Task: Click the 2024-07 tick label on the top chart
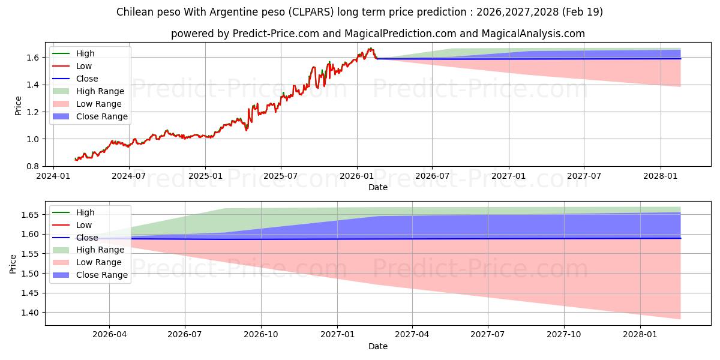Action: [128, 176]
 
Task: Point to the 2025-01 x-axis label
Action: [205, 176]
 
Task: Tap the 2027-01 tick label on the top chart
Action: [509, 176]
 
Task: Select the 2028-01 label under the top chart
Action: [660, 176]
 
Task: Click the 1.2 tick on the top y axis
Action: [34, 112]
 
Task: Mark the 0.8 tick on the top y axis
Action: [34, 167]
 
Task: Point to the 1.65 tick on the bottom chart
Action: [30, 215]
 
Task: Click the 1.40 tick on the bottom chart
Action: [30, 313]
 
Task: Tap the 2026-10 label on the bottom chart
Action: [260, 335]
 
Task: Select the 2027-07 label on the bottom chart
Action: [488, 335]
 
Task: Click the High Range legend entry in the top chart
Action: [88, 91]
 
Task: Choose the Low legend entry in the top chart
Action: [73, 66]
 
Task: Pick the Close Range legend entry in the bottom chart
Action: [90, 275]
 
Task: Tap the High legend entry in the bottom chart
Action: [74, 212]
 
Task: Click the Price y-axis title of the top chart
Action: [18, 106]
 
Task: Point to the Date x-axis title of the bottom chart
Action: [377, 346]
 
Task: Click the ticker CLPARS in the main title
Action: [311, 12]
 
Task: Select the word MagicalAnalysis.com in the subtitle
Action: [533, 34]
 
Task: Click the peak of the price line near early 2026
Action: [371, 48]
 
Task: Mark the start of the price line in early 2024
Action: [75, 159]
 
